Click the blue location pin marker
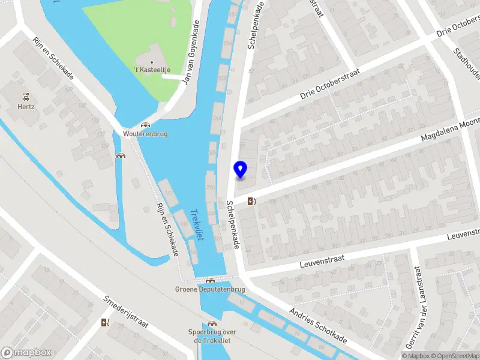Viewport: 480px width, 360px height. point(241,170)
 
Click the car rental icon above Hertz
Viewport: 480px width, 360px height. point(26,96)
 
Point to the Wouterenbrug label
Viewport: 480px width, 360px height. point(145,134)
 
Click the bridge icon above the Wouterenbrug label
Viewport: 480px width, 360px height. point(145,125)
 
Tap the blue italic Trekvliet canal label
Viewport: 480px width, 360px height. point(197,224)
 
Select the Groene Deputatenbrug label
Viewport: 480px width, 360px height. point(210,289)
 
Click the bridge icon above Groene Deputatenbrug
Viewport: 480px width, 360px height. point(210,280)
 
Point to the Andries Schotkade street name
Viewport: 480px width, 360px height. point(318,326)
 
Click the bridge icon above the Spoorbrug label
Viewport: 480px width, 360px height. point(211,324)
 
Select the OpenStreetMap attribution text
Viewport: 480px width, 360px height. point(456,356)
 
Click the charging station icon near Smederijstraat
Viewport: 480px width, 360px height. point(106,323)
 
